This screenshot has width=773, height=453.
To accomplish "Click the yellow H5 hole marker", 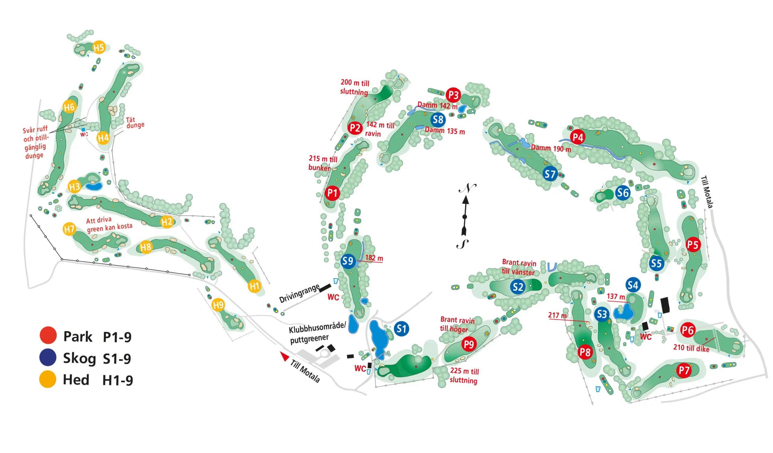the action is click(99, 47).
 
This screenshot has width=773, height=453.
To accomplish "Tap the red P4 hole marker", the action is click(578, 137).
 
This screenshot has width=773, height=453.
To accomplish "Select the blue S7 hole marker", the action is click(550, 174).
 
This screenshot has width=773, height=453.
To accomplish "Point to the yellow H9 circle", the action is click(218, 305).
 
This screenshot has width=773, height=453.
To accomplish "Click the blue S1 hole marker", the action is click(401, 329).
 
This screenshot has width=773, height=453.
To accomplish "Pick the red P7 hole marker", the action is click(684, 370).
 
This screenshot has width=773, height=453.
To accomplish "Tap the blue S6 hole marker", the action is click(623, 193).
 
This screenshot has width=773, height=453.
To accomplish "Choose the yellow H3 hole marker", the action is click(74, 186).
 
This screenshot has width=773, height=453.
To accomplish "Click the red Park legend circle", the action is click(48, 335).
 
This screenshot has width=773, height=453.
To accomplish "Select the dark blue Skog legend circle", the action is click(48, 357).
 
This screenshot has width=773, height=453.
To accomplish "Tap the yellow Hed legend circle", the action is click(47, 379).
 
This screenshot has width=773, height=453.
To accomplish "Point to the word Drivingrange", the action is click(299, 293).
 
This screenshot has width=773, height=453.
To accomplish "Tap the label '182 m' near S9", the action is click(374, 258).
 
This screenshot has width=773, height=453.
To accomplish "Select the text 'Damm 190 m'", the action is click(551, 148).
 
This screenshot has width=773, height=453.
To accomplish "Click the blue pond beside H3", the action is click(94, 186).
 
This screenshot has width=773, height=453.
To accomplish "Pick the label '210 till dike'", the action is click(691, 348).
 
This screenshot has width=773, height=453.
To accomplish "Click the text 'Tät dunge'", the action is click(135, 122).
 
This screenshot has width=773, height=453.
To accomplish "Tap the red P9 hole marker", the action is click(469, 344).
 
